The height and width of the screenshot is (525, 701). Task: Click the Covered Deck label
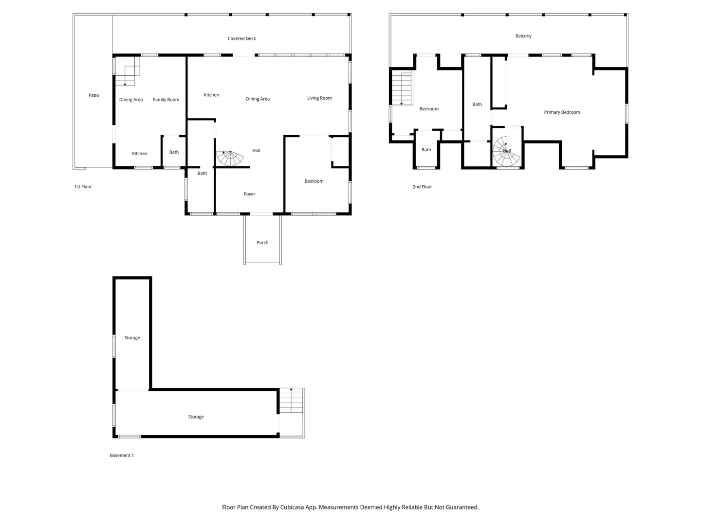(x=241, y=38)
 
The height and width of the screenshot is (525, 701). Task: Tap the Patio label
(x=93, y=95)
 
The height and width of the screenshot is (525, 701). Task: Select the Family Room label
(x=166, y=100)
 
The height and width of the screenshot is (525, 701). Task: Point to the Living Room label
(x=319, y=98)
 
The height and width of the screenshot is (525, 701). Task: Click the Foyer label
(x=249, y=194)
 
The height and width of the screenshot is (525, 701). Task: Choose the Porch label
(x=262, y=243)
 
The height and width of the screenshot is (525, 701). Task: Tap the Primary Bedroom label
(x=562, y=112)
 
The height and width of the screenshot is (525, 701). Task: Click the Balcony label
(x=523, y=36)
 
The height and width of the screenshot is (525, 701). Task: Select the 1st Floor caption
(x=83, y=187)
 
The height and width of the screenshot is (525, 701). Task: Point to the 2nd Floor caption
(x=422, y=187)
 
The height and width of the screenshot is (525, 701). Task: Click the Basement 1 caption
(x=122, y=455)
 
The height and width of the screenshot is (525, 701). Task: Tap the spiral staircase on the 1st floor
(x=230, y=158)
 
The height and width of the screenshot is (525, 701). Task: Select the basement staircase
(x=291, y=401)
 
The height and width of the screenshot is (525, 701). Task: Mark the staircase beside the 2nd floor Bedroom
(x=402, y=88)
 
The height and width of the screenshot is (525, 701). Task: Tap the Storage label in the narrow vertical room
(x=132, y=338)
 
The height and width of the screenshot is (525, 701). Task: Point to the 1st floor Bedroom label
(x=314, y=181)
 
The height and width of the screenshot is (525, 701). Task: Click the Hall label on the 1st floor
(x=256, y=151)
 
